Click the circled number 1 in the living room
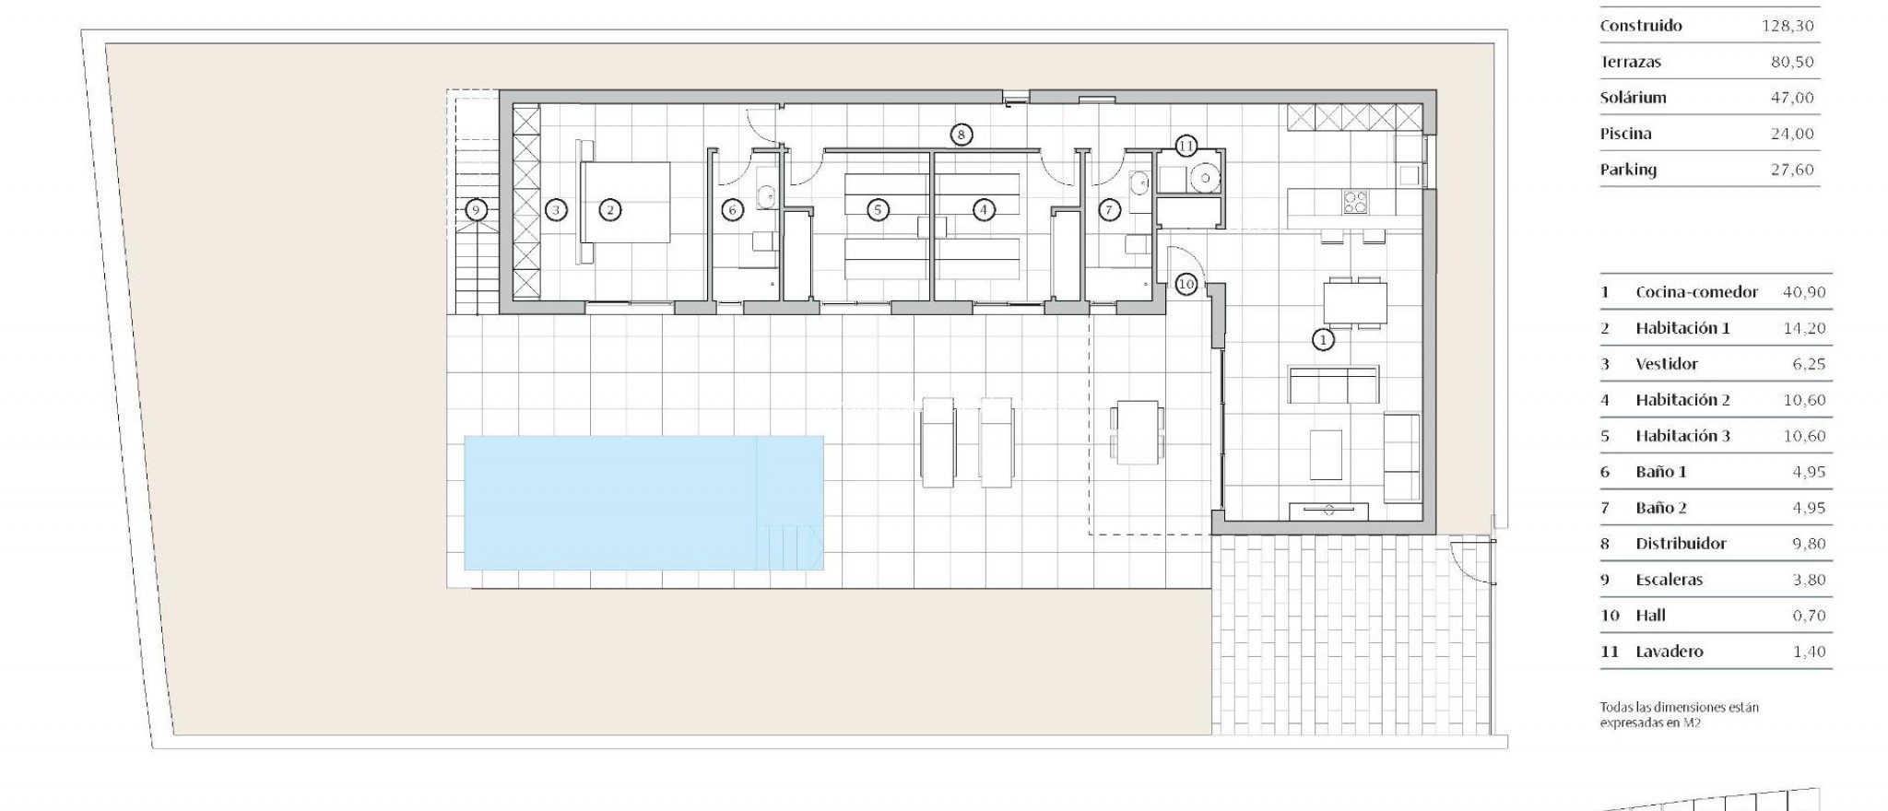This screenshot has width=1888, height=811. (x=1323, y=340)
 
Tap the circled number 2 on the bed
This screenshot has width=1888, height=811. (x=609, y=210)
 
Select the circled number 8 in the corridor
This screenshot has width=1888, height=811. (x=961, y=135)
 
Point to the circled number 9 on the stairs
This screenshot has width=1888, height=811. (x=476, y=210)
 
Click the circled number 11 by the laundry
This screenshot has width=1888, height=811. (x=1186, y=146)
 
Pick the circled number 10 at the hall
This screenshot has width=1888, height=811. (x=1186, y=285)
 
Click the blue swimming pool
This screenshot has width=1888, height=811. (x=643, y=502)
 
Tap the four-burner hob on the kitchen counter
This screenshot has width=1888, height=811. (x=1354, y=201)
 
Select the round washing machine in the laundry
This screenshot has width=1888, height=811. (x=1203, y=179)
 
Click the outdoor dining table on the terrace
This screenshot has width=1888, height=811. (x=1136, y=431)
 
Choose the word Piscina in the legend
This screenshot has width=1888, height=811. (x=1625, y=134)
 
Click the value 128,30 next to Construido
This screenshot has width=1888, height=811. (x=1787, y=26)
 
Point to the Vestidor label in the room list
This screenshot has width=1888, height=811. (x=1666, y=364)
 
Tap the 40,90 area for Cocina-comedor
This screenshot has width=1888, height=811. (x=1804, y=292)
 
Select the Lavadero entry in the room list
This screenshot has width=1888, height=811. (x=1669, y=652)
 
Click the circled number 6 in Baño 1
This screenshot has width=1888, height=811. (x=733, y=210)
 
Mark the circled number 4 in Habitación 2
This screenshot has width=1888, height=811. (x=984, y=210)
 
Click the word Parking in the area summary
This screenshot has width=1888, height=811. (x=1628, y=170)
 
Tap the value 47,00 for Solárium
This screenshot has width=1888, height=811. (x=1791, y=98)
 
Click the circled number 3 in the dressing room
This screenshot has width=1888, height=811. (x=555, y=210)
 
